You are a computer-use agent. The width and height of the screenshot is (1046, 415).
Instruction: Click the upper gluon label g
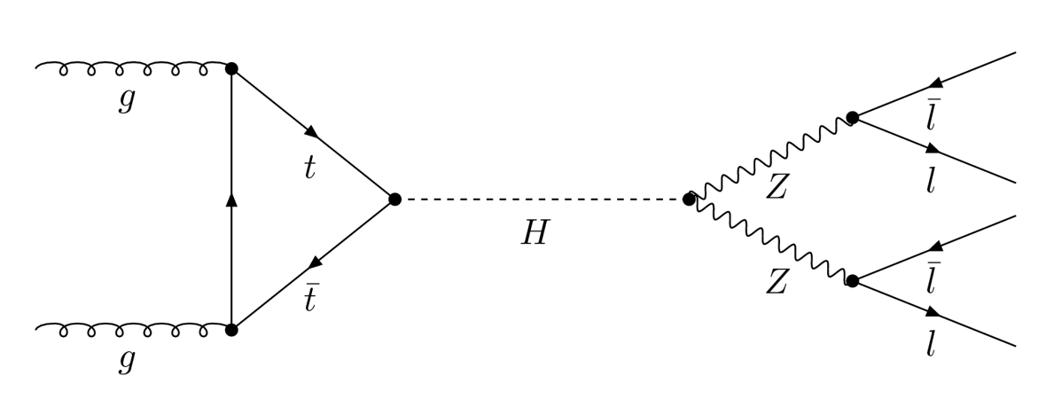pyautogui.click(x=127, y=100)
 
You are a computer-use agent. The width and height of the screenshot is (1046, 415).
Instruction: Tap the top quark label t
pyautogui.click(x=309, y=168)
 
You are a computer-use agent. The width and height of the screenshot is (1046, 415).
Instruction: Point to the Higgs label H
pyautogui.click(x=535, y=233)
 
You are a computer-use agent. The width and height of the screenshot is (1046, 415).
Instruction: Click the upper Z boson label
pyautogui.click(x=777, y=187)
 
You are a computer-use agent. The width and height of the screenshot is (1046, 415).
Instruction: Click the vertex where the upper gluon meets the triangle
pyautogui.click(x=231, y=68)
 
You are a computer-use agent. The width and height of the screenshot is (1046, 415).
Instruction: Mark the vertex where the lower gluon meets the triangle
pyautogui.click(x=231, y=330)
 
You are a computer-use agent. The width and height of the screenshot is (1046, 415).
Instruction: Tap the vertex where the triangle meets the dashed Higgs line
pyautogui.click(x=394, y=200)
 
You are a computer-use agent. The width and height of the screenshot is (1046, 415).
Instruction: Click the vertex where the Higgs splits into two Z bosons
pyautogui.click(x=689, y=200)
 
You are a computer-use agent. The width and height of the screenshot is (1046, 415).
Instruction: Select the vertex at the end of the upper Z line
pyautogui.click(x=852, y=117)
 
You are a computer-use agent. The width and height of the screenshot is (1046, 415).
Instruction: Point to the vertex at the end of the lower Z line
pyautogui.click(x=852, y=281)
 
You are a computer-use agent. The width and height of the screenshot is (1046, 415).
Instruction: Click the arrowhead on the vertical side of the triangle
pyautogui.click(x=231, y=200)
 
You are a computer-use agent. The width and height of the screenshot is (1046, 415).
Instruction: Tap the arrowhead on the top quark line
pyautogui.click(x=311, y=132)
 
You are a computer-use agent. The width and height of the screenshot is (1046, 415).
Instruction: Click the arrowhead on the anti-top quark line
pyautogui.click(x=313, y=264)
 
